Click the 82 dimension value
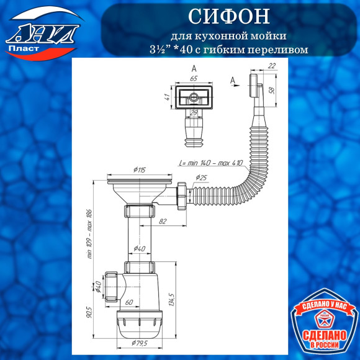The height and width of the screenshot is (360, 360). (x=162, y=221)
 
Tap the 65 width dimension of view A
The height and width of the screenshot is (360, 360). (x=194, y=79)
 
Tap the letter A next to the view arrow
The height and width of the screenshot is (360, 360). (x=232, y=80)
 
